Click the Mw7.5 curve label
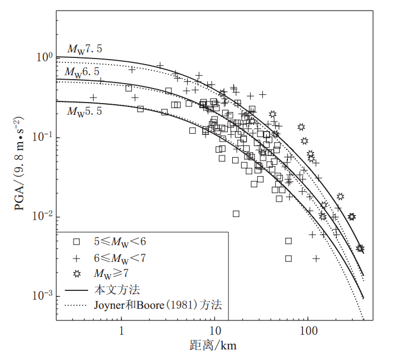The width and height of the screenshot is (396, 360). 85,49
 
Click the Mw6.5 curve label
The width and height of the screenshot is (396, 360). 82,72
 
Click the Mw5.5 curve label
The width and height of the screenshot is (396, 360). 85,111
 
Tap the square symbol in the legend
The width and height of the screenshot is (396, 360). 77,242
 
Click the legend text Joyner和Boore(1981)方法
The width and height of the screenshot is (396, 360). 155,305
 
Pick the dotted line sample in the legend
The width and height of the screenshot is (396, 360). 77,305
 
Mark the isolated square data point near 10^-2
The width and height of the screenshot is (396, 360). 236,213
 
